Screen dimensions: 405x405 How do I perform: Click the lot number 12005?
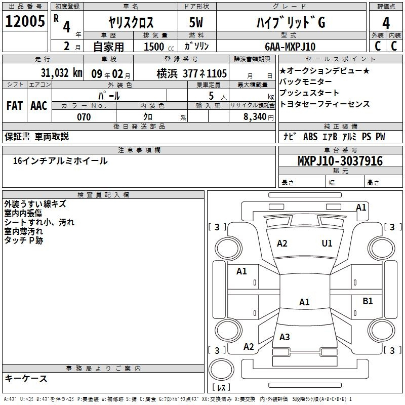click(25, 21)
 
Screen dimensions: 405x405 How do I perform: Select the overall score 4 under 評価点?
click(386, 23)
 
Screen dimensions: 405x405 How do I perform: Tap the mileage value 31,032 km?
click(61, 73)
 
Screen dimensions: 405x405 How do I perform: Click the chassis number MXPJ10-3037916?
click(340, 161)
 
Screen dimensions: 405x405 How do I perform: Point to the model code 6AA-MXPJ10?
click(290, 47)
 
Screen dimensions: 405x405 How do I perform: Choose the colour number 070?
click(84, 117)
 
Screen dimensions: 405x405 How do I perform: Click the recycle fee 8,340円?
click(259, 117)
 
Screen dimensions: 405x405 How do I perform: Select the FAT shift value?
click(15, 106)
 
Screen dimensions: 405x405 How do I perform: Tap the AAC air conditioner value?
click(39, 106)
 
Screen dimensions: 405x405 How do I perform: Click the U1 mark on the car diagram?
click(327, 244)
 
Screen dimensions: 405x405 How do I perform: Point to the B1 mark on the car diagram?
click(368, 301)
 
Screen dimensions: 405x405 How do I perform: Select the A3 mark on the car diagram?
click(285, 337)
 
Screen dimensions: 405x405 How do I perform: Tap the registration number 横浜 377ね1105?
click(192, 73)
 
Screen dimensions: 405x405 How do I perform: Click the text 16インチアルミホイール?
click(60, 161)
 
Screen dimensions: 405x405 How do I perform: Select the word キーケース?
click(26, 378)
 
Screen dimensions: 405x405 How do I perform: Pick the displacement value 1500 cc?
click(159, 47)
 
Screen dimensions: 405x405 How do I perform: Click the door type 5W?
click(196, 22)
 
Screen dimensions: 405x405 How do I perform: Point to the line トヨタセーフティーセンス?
click(325, 104)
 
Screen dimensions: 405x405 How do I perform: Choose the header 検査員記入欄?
click(103, 195)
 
